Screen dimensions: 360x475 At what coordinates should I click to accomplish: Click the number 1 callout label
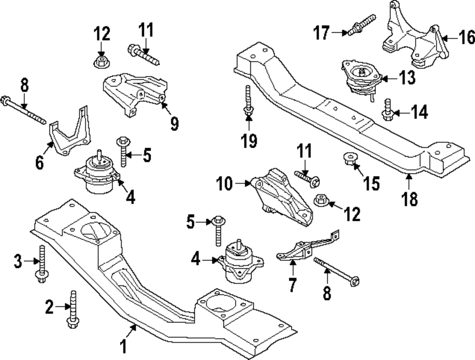[x=123, y=346]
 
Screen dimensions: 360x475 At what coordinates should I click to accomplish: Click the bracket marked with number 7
[x=304, y=249]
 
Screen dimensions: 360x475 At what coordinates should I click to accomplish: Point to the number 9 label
[x=174, y=124]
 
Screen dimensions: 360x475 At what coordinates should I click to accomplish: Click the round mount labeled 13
[x=361, y=78]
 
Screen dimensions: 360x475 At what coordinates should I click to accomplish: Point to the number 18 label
[x=410, y=199]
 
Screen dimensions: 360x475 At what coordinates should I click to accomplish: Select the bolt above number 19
[x=248, y=100]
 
